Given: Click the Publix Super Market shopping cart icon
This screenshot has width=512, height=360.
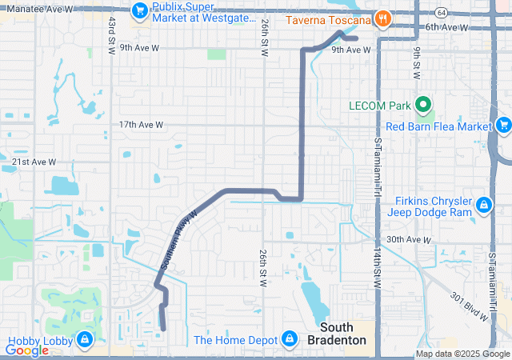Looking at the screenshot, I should pos(141,10).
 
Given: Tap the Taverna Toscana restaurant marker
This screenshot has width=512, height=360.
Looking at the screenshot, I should pos(383,18).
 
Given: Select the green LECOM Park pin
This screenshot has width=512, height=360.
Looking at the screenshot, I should pos(424,105).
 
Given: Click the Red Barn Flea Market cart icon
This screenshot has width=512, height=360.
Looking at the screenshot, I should pos(503,126).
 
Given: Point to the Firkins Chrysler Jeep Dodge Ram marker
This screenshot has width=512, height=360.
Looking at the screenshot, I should pos(484,206).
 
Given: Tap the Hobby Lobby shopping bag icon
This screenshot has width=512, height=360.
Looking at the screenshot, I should pos(85,341).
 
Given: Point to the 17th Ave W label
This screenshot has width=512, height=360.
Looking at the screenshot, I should pos(141,126).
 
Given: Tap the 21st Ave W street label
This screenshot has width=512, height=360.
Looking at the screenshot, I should pos(34,162).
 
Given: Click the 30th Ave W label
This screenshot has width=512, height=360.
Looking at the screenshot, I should pos(408,240).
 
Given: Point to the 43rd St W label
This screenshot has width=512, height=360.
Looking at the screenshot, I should pos(111,33).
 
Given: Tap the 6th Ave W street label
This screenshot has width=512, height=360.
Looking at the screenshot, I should pos(446,27).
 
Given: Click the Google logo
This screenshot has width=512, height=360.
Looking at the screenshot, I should pos(27,350).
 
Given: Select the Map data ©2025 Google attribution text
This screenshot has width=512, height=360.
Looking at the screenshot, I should pos(462,354).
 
